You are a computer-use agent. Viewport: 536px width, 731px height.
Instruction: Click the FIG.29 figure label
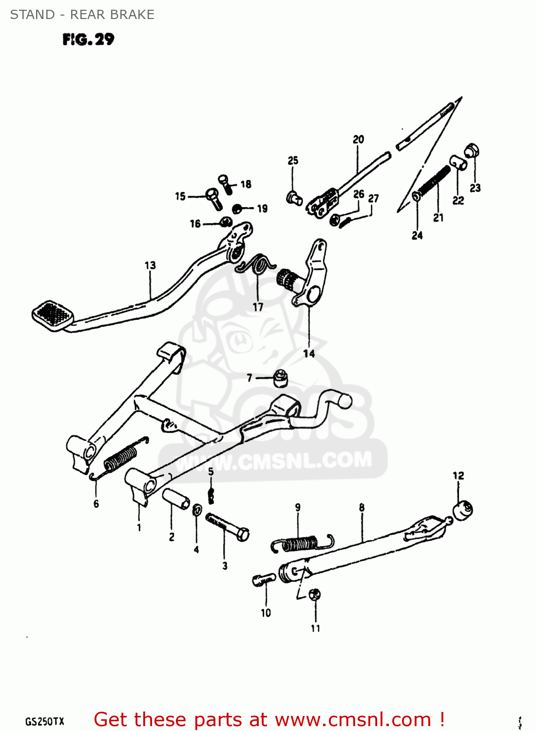88,39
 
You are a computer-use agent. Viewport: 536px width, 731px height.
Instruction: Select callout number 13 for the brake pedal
150,265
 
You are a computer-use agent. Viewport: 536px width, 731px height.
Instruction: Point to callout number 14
309,354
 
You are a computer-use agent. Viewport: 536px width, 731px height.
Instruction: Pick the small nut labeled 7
280,378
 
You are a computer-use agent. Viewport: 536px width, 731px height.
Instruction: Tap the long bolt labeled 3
227,526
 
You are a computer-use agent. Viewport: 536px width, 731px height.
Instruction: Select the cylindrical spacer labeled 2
176,499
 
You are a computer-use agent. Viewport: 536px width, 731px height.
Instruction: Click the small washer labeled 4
197,510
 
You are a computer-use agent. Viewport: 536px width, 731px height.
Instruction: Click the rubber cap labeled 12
462,510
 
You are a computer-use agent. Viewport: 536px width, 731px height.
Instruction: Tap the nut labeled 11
315,595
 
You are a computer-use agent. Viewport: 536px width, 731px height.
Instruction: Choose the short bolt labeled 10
264,579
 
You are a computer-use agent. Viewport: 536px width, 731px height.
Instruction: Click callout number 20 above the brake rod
358,139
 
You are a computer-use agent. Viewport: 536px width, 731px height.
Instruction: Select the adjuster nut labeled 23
472,151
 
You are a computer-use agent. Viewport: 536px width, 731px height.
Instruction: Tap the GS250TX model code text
44,722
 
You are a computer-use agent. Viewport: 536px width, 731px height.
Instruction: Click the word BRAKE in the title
133,15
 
